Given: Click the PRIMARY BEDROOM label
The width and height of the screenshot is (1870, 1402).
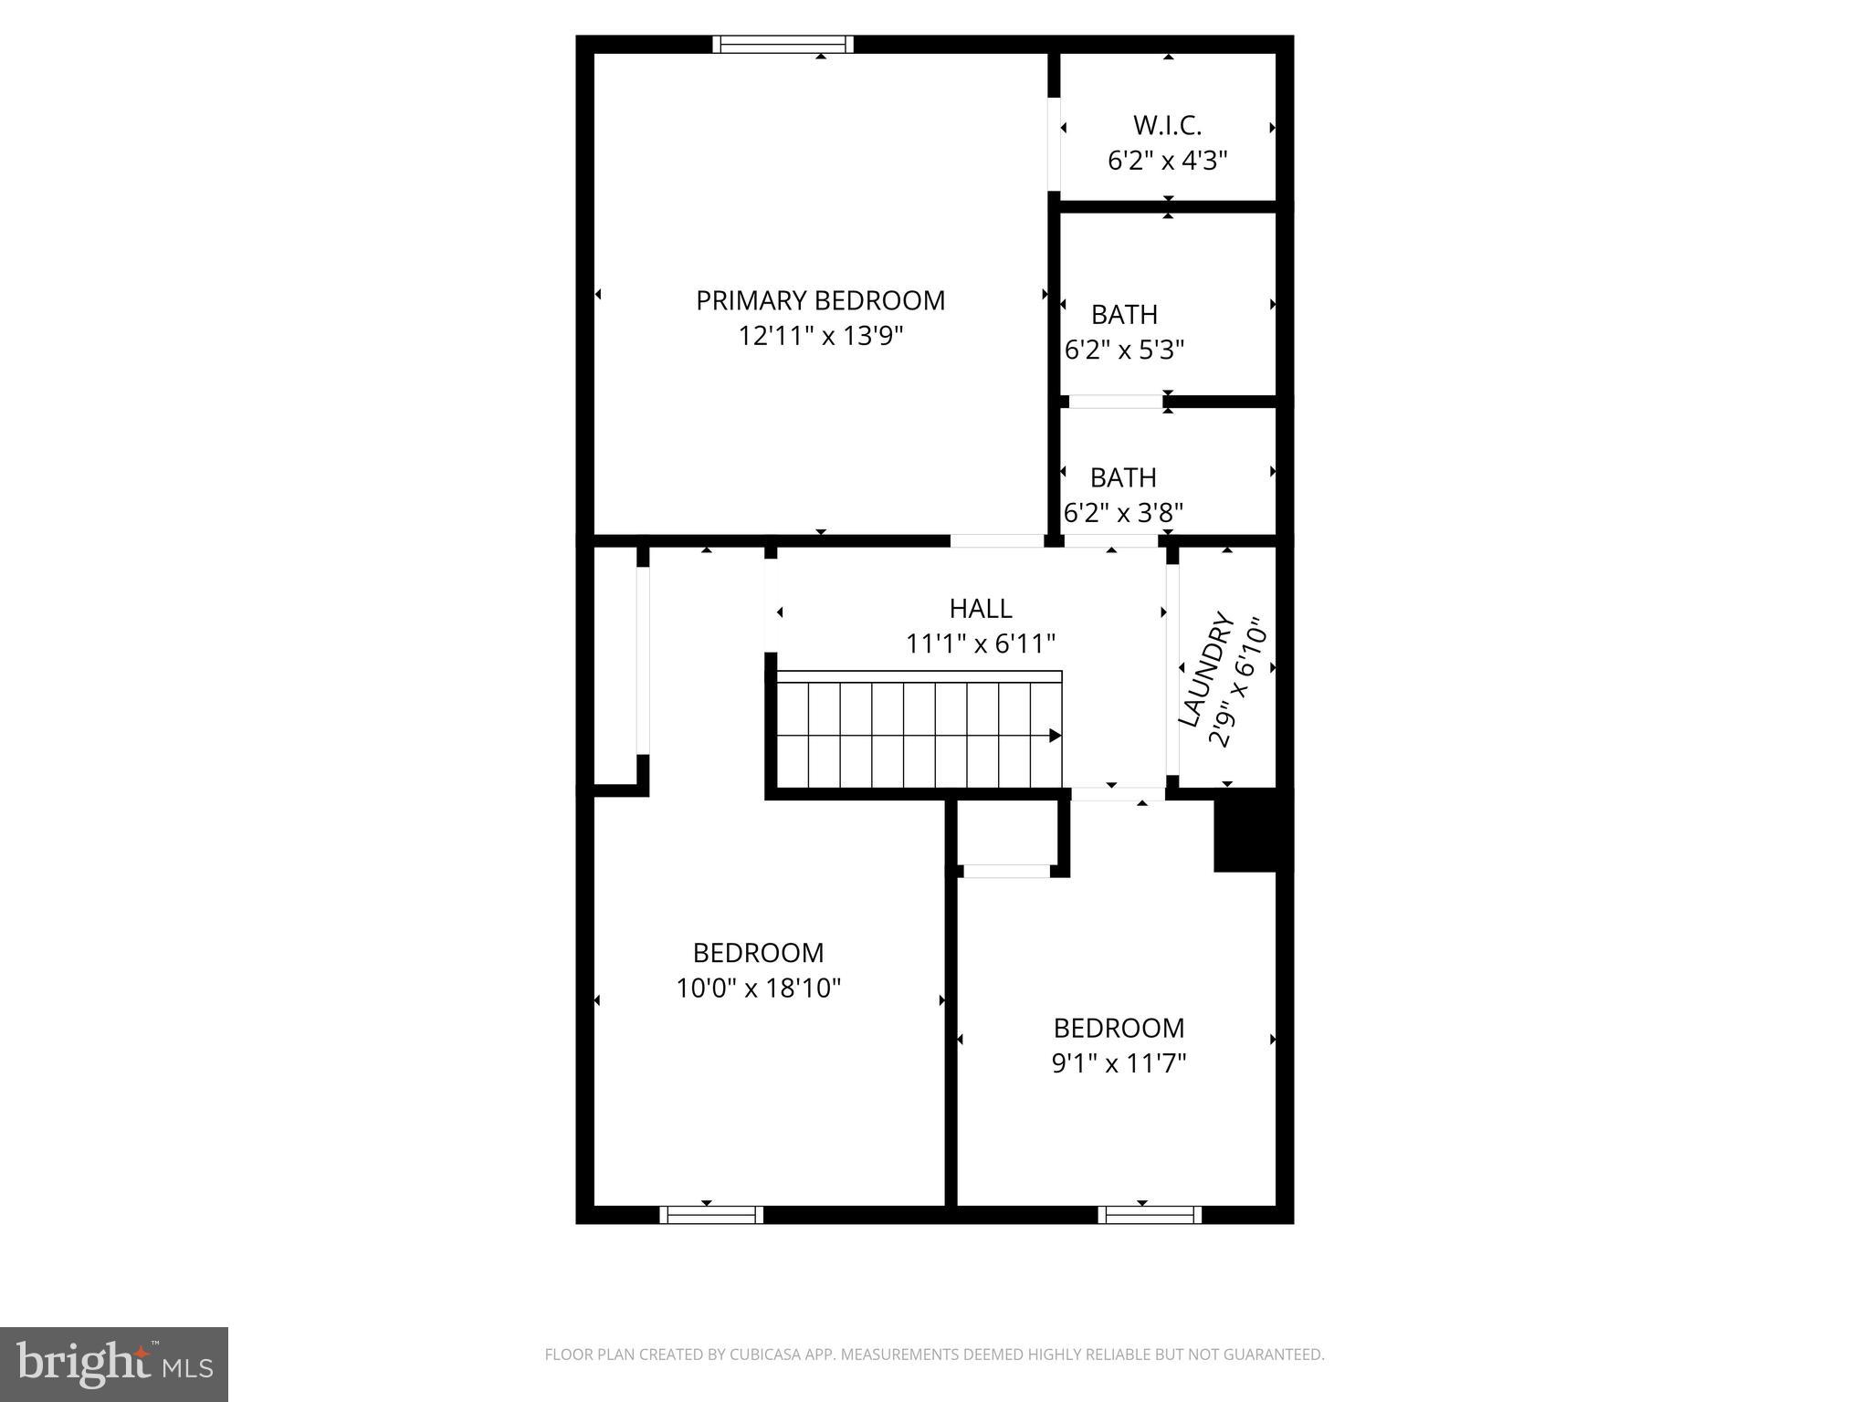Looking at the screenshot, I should tap(820, 300).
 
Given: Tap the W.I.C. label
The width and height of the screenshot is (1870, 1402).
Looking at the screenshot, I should tap(1167, 125).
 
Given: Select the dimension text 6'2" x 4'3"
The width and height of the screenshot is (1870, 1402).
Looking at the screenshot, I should tap(1167, 161).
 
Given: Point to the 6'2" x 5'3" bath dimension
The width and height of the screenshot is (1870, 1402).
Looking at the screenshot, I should tap(1124, 350).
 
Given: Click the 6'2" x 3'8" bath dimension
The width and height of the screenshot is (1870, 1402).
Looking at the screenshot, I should tap(1123, 513).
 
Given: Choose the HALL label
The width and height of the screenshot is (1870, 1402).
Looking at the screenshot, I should tap(981, 609).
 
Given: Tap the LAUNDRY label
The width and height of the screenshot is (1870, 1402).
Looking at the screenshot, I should tap(1206, 671).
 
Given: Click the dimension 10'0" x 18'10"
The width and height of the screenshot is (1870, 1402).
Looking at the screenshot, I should tap(758, 988).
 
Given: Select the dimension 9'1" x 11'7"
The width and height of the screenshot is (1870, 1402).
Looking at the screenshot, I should tap(1119, 1062).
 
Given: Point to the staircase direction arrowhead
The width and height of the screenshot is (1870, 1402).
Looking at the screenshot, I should tap(1055, 735).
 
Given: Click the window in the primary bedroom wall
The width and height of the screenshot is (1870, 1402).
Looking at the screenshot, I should tap(783, 44).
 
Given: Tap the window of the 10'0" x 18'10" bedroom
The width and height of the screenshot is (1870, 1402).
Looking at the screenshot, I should tap(711, 1214).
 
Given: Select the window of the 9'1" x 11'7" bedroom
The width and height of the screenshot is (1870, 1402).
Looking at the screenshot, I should tap(1150, 1214).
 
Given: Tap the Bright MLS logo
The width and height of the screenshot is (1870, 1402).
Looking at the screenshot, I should tap(114, 1364).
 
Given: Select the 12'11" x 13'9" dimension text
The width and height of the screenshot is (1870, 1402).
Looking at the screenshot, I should tap(820, 336).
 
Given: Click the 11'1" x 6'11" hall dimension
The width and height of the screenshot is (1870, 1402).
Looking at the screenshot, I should tap(981, 644).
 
